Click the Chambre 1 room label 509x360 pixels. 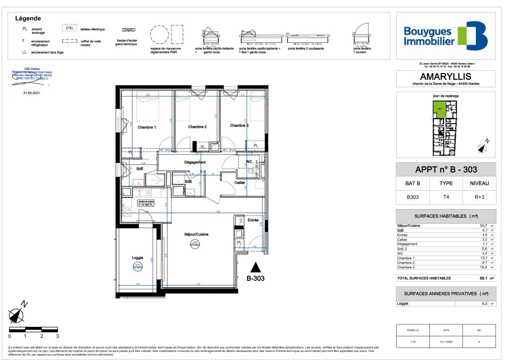147,127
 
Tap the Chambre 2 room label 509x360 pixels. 197,127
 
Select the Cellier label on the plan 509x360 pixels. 240,182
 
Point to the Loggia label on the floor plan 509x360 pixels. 137,258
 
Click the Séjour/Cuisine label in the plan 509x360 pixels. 196,234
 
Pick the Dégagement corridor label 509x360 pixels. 195,162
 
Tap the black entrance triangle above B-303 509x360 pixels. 255,267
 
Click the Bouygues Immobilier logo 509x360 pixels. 445,36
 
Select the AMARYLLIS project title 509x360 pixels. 445,76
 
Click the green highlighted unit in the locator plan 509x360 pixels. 439,109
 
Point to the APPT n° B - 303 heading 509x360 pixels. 445,169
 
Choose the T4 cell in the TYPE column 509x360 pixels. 446,197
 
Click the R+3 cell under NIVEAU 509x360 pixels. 479,197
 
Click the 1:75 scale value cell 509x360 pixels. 413,342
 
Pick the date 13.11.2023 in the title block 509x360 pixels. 446,342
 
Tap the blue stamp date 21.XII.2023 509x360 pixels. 32,92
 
